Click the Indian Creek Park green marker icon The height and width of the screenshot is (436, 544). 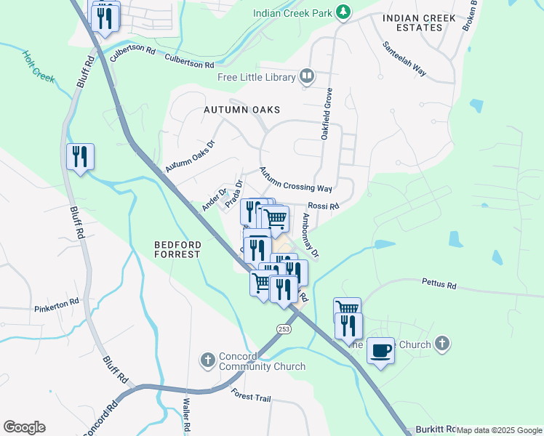343,13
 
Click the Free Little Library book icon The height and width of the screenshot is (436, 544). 307,77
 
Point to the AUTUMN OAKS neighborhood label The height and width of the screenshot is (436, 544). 241,110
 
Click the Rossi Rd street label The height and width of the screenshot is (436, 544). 323,206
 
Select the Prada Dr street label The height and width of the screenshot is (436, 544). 233,194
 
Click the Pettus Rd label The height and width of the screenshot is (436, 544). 439,284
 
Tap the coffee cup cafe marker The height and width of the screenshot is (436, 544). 381,351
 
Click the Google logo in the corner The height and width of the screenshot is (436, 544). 24,427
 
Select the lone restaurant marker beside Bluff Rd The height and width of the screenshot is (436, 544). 80,157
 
